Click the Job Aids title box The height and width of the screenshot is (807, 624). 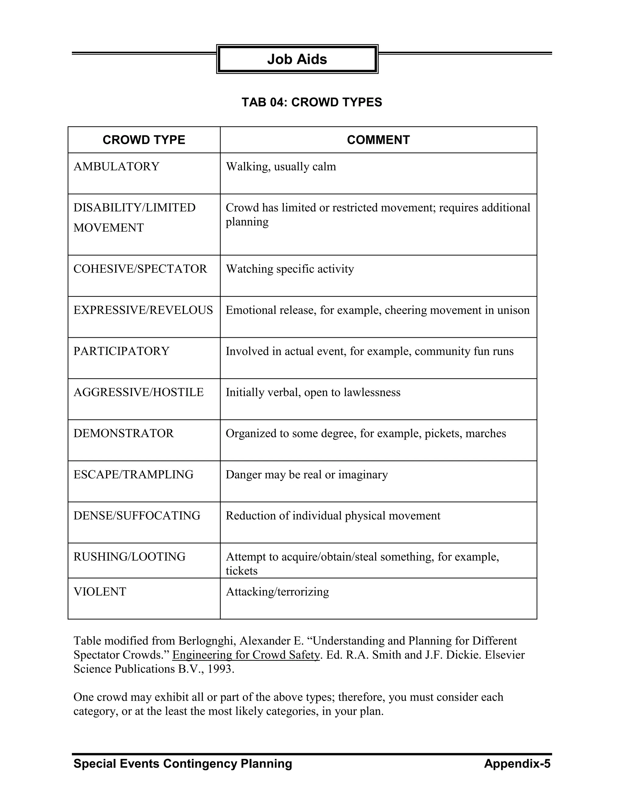point(297,59)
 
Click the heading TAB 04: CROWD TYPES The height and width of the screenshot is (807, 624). point(312,102)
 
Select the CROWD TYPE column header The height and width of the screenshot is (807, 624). point(144,140)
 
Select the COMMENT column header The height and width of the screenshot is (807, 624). point(378,140)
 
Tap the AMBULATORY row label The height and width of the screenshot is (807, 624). point(116,166)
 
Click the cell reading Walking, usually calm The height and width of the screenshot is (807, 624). point(281,166)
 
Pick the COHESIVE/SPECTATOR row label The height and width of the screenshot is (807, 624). point(140,269)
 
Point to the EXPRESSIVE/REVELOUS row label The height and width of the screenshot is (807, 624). point(143,310)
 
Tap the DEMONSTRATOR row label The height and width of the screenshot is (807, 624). point(123,433)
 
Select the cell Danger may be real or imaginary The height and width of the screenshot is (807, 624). point(307,474)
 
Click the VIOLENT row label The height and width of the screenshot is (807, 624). point(100,592)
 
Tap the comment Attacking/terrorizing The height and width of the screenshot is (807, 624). point(277,592)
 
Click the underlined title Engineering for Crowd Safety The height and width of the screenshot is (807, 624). point(246,655)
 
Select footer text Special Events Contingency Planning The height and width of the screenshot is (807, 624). point(183,763)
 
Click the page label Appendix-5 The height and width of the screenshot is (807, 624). point(517,763)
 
